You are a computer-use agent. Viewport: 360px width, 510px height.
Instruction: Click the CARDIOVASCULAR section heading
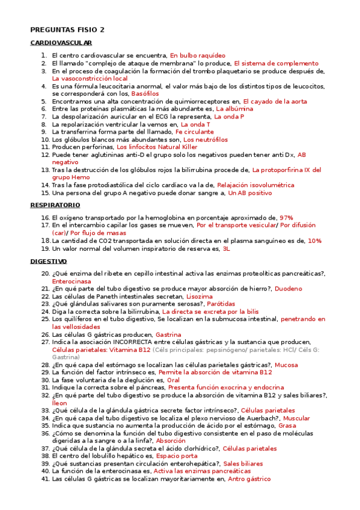coord(61,43)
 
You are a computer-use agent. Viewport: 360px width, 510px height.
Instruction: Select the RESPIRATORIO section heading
coord(56,205)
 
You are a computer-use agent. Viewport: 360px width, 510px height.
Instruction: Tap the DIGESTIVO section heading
coord(48,262)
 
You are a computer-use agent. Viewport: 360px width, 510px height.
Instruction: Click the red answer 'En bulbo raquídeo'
coord(198,55)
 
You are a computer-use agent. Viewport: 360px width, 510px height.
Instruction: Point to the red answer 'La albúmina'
coord(234,109)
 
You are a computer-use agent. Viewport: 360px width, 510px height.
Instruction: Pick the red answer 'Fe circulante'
coord(194,132)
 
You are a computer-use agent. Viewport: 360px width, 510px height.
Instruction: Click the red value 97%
coord(286,217)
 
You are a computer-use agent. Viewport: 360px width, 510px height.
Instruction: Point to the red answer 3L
coord(227,248)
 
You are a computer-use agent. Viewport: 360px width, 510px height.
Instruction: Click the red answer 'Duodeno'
coord(289,289)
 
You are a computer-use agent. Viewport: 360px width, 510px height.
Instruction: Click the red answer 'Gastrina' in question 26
coord(168,334)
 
